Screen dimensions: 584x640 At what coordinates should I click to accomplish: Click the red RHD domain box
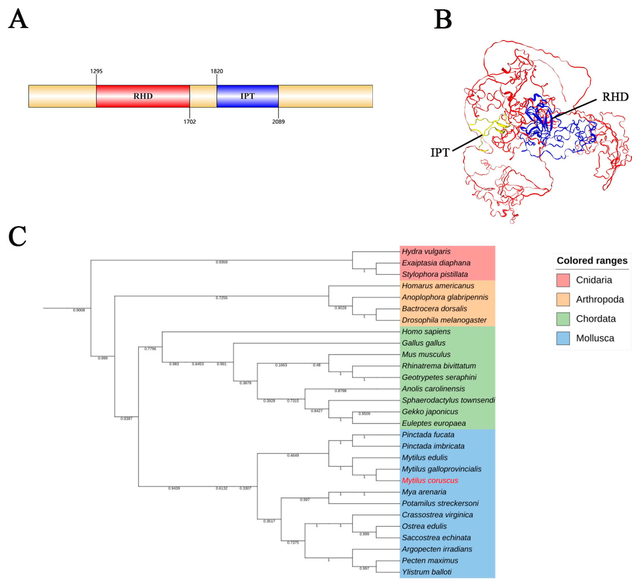[x=143, y=96]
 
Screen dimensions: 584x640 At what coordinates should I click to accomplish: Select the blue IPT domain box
[x=247, y=96]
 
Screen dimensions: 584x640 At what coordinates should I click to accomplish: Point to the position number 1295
[x=96, y=71]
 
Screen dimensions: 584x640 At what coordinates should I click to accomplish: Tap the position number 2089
[x=278, y=122]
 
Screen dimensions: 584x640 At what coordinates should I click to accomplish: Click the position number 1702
[x=190, y=122]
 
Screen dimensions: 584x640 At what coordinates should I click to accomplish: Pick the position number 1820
[x=217, y=71]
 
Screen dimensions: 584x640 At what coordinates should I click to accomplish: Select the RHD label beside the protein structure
[x=615, y=97]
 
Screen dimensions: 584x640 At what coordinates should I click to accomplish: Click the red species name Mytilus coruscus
[x=430, y=480]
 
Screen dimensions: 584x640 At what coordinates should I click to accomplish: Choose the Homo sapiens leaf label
[x=426, y=332]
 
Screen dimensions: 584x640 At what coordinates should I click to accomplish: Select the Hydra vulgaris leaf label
[x=426, y=252]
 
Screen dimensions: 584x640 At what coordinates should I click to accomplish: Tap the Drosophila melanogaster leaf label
[x=444, y=320]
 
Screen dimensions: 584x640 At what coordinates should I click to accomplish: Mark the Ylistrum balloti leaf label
[x=427, y=572]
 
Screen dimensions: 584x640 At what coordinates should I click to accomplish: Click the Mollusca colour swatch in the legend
[x=563, y=338]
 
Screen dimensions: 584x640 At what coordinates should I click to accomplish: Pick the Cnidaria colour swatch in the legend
[x=563, y=280]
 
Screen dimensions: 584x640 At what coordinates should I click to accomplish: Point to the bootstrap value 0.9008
[x=79, y=310]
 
